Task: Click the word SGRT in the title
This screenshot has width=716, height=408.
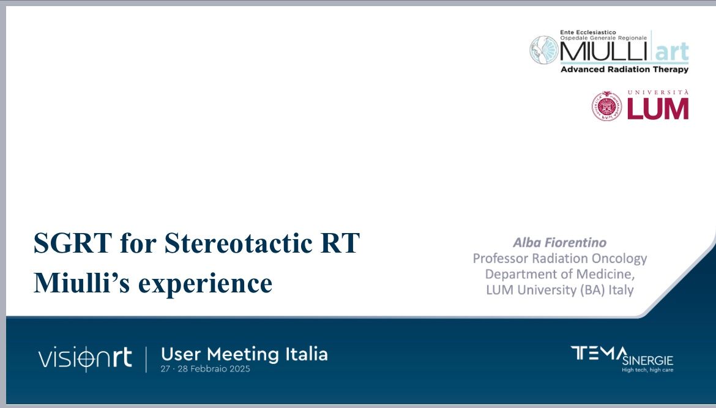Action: pos(73,243)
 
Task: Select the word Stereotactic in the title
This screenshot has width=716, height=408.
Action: pos(239,243)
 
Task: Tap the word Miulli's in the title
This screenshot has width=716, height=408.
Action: pos(82,283)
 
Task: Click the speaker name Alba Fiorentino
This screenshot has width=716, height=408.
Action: pos(560,242)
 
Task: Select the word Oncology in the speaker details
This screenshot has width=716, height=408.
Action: pos(619,259)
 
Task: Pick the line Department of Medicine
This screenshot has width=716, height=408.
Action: pos(560,274)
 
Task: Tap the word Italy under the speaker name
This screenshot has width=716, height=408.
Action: pos(621,291)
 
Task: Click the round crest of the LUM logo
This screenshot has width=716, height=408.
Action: pos(607,106)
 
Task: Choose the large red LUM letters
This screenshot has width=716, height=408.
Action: pos(658,109)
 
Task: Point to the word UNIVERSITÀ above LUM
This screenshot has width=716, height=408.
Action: pos(658,92)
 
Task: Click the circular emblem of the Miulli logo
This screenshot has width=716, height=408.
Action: pos(544,50)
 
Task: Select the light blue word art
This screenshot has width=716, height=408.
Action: pos(672,52)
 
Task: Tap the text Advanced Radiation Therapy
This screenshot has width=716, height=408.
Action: pos(625,69)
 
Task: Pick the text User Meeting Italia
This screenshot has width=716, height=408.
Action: pos(244,354)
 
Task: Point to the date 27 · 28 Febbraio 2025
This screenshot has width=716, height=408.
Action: pos(206,369)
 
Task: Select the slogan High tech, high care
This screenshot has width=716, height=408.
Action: pos(647,369)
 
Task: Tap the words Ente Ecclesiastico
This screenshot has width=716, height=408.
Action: pos(588,32)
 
